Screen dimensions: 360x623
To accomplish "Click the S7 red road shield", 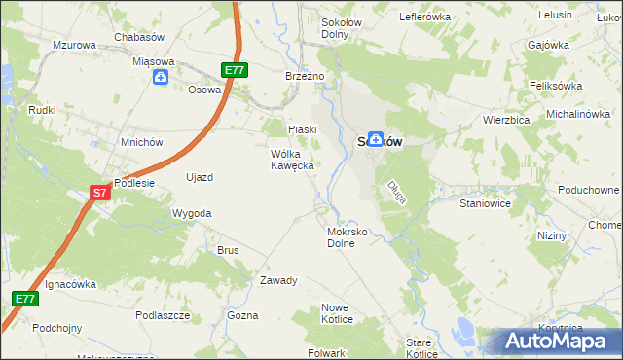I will (x=100, y=193).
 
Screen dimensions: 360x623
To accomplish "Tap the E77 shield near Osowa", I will (x=235, y=70).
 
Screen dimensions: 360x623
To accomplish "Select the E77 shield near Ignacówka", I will (x=26, y=299).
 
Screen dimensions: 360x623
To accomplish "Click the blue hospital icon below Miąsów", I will (x=160, y=78).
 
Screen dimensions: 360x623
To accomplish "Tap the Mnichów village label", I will (x=141, y=141).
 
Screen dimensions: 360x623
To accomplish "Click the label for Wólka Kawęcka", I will (x=291, y=160).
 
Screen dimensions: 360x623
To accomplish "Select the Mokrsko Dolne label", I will (x=347, y=238).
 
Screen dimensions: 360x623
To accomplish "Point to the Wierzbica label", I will (x=505, y=121).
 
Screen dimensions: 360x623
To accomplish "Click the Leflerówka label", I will (x=425, y=18).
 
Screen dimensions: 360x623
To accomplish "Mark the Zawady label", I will (x=278, y=280).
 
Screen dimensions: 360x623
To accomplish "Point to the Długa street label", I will (x=397, y=191).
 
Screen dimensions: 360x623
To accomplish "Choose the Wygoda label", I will (x=192, y=212).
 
